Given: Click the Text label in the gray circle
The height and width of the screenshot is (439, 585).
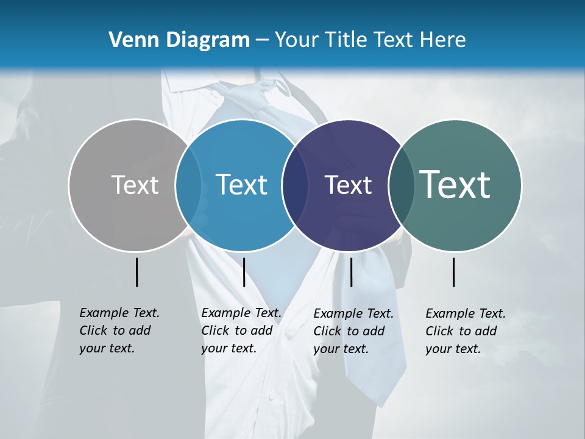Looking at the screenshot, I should (135, 185).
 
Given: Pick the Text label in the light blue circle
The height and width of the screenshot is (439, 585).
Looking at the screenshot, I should (242, 185).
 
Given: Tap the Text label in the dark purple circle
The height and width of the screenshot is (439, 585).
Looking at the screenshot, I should (348, 185).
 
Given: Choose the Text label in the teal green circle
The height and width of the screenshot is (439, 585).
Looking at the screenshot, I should (455, 184).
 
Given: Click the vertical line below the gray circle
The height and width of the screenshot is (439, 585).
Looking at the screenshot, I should (136, 272).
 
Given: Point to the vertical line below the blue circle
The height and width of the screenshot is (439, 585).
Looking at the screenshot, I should (244, 272).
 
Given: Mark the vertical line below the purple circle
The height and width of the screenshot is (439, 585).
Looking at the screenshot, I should (351, 272).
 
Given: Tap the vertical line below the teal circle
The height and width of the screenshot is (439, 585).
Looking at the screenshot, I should (454, 272).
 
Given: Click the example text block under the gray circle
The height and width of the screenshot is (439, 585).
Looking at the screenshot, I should (119, 330).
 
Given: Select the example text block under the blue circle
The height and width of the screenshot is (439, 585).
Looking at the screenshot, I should (241, 330).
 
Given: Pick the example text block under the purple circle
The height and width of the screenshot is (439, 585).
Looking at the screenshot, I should (353, 331).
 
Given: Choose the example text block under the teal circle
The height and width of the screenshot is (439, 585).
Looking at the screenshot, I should (466, 331).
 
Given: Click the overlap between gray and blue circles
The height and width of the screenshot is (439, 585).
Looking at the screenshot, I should (188, 185).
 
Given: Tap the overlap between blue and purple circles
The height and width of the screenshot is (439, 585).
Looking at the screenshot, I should (295, 185).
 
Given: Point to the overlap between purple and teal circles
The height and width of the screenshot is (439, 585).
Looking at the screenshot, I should (401, 185).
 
